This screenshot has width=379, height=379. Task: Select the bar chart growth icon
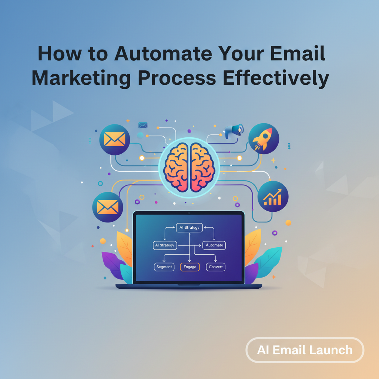point(273,197)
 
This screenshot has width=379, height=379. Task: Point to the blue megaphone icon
point(234,130)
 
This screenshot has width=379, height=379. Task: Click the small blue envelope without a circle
point(143,125)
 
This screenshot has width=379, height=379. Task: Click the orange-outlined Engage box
point(190,267)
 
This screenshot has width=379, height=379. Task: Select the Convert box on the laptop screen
point(215,267)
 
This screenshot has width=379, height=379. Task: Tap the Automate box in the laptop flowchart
point(214,245)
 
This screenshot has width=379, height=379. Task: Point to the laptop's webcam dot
point(189,214)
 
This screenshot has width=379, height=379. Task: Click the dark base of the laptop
point(189,286)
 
